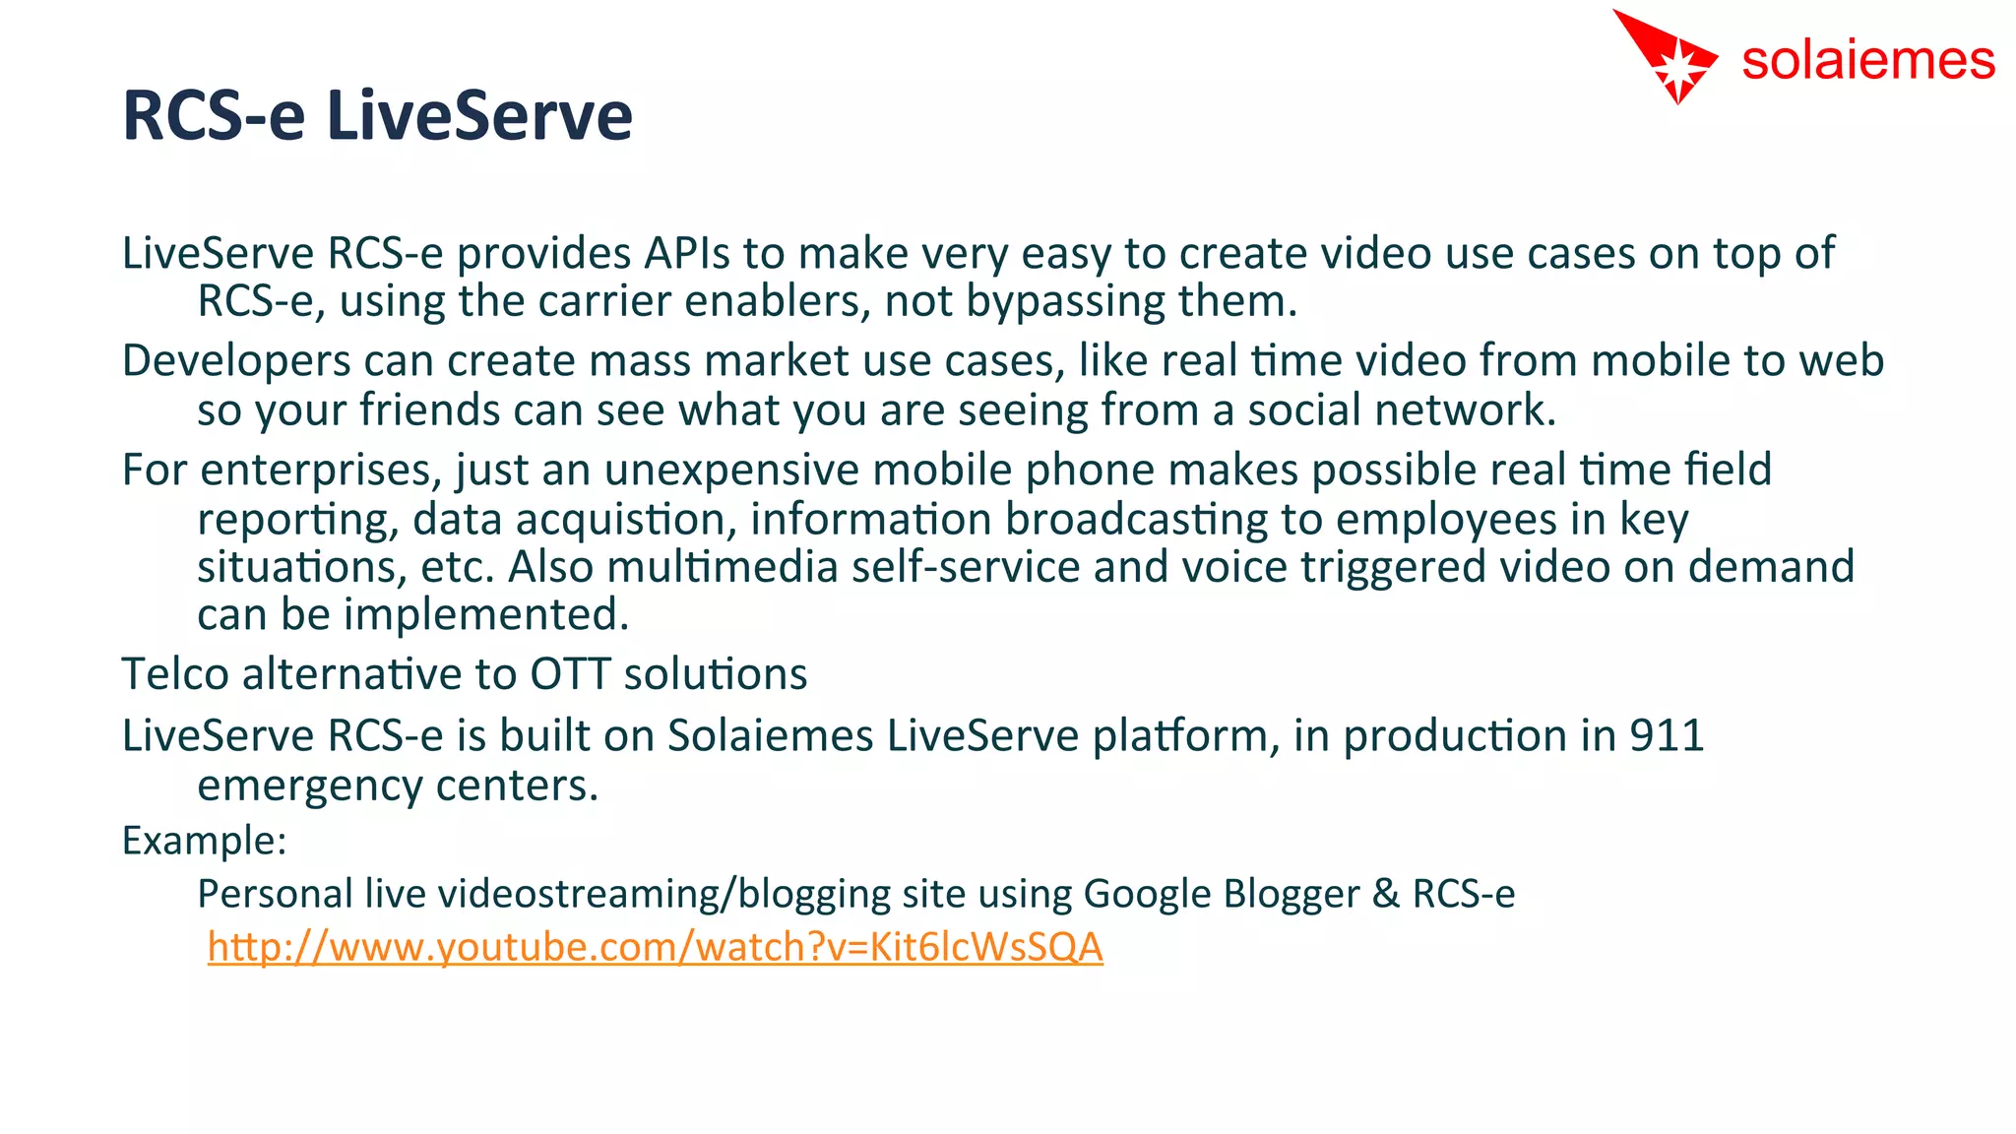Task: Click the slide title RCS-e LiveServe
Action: pyautogui.click(x=377, y=116)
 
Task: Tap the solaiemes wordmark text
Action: pyautogui.click(x=1867, y=61)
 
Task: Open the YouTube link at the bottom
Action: pyautogui.click(x=655, y=947)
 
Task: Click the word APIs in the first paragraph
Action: pyautogui.click(x=687, y=254)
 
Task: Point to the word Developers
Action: pyautogui.click(x=236, y=361)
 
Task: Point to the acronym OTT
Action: pyautogui.click(x=570, y=675)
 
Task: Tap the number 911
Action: pyautogui.click(x=1666, y=736)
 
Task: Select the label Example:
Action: pyautogui.click(x=204, y=842)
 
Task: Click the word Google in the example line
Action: pyautogui.click(x=1147, y=894)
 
